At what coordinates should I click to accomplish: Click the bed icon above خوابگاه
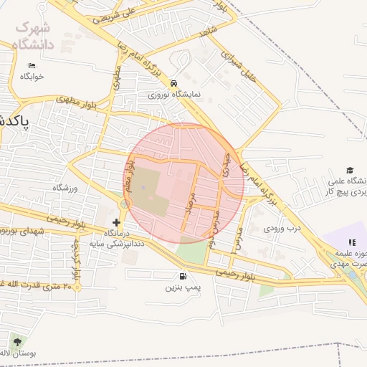pos(32,66)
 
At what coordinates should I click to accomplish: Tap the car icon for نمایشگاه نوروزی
pos(174,82)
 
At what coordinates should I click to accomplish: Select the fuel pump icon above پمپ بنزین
pos(183,277)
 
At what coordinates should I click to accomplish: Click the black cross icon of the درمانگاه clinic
pos(117,223)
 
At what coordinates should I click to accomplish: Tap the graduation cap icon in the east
pos(350,170)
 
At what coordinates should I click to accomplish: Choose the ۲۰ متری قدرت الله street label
pos(36,286)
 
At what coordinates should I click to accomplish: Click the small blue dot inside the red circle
pos(142,189)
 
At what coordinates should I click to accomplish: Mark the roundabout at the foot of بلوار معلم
pos(125,205)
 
